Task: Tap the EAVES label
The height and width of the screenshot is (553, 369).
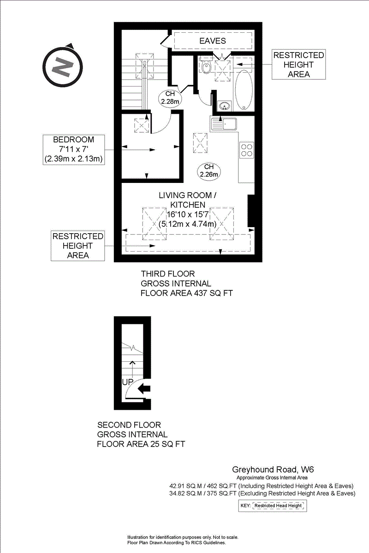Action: pos(212,41)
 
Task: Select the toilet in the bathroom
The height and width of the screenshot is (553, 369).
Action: pos(206,67)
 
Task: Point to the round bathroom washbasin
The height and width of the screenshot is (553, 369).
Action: pos(225,106)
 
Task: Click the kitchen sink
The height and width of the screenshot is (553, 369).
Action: pos(224,124)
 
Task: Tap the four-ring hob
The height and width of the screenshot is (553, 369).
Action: pos(246,151)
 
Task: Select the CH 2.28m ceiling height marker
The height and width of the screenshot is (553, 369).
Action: pos(169,98)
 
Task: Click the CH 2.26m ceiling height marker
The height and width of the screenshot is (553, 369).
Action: pos(208,171)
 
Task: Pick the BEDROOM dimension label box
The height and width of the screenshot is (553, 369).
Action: pos(73,149)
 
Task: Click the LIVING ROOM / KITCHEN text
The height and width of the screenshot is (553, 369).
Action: pos(187,200)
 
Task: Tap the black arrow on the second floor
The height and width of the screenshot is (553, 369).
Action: pos(145,388)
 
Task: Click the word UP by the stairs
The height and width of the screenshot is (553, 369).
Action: pos(128,382)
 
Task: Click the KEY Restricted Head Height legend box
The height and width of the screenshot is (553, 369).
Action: pos(273,506)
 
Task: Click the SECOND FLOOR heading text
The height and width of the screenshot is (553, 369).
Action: pos(129,425)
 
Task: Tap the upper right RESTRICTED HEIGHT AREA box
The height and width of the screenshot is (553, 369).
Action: pos(298,65)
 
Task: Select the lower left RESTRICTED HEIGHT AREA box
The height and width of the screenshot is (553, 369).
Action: pos(77,246)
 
